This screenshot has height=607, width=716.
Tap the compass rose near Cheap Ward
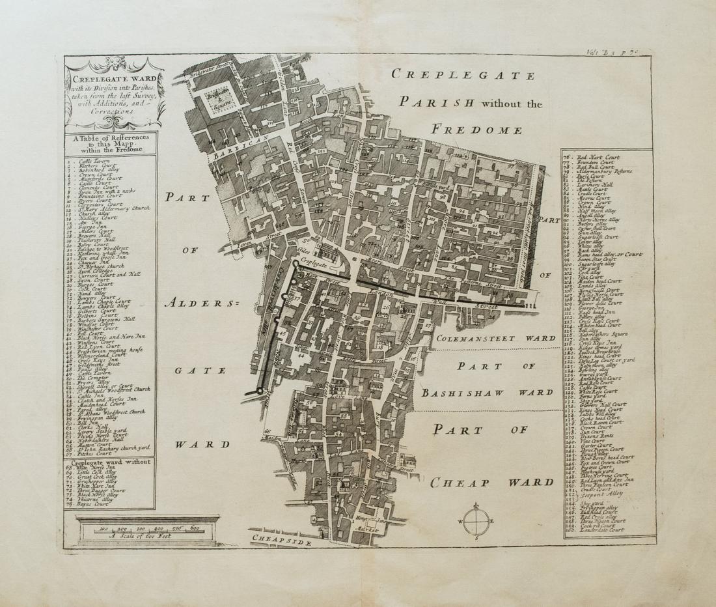pos(478,521)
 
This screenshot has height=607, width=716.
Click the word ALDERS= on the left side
pos(193,302)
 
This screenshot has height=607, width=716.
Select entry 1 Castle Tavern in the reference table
pos(94,160)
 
